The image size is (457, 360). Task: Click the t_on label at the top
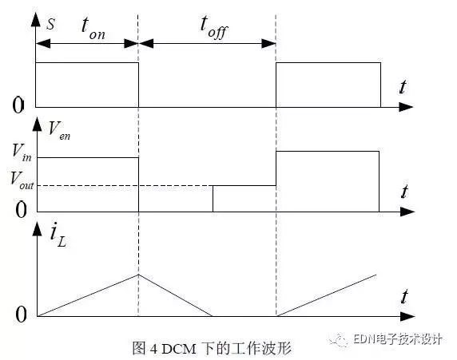pyautogui.click(x=93, y=29)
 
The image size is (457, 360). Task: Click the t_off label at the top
pyautogui.click(x=214, y=28)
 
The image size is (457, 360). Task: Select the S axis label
pyautogui.click(x=50, y=24)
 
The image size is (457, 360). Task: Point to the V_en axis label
pyautogui.click(x=59, y=131)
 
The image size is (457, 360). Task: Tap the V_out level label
pyautogui.click(x=22, y=181)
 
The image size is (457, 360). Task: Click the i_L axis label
pyautogui.click(x=58, y=235)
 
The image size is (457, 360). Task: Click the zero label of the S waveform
pyautogui.click(x=18, y=105)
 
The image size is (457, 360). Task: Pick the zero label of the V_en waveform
pyautogui.click(x=21, y=210)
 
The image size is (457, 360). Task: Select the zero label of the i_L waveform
pyautogui.click(x=21, y=315)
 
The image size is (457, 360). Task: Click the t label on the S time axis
pyautogui.click(x=403, y=87)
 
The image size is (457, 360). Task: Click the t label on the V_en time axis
pyautogui.click(x=404, y=192)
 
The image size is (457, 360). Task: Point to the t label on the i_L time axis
pyautogui.click(x=404, y=296)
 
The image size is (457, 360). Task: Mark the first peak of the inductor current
pyautogui.click(x=138, y=275)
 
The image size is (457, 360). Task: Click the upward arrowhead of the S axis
pyautogui.click(x=36, y=20)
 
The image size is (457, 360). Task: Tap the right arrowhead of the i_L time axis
pyautogui.click(x=407, y=316)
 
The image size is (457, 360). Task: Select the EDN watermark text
pyautogui.click(x=398, y=339)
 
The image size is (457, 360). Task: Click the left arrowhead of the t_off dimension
pyautogui.click(x=146, y=44)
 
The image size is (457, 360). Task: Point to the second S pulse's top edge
pyautogui.click(x=328, y=62)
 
